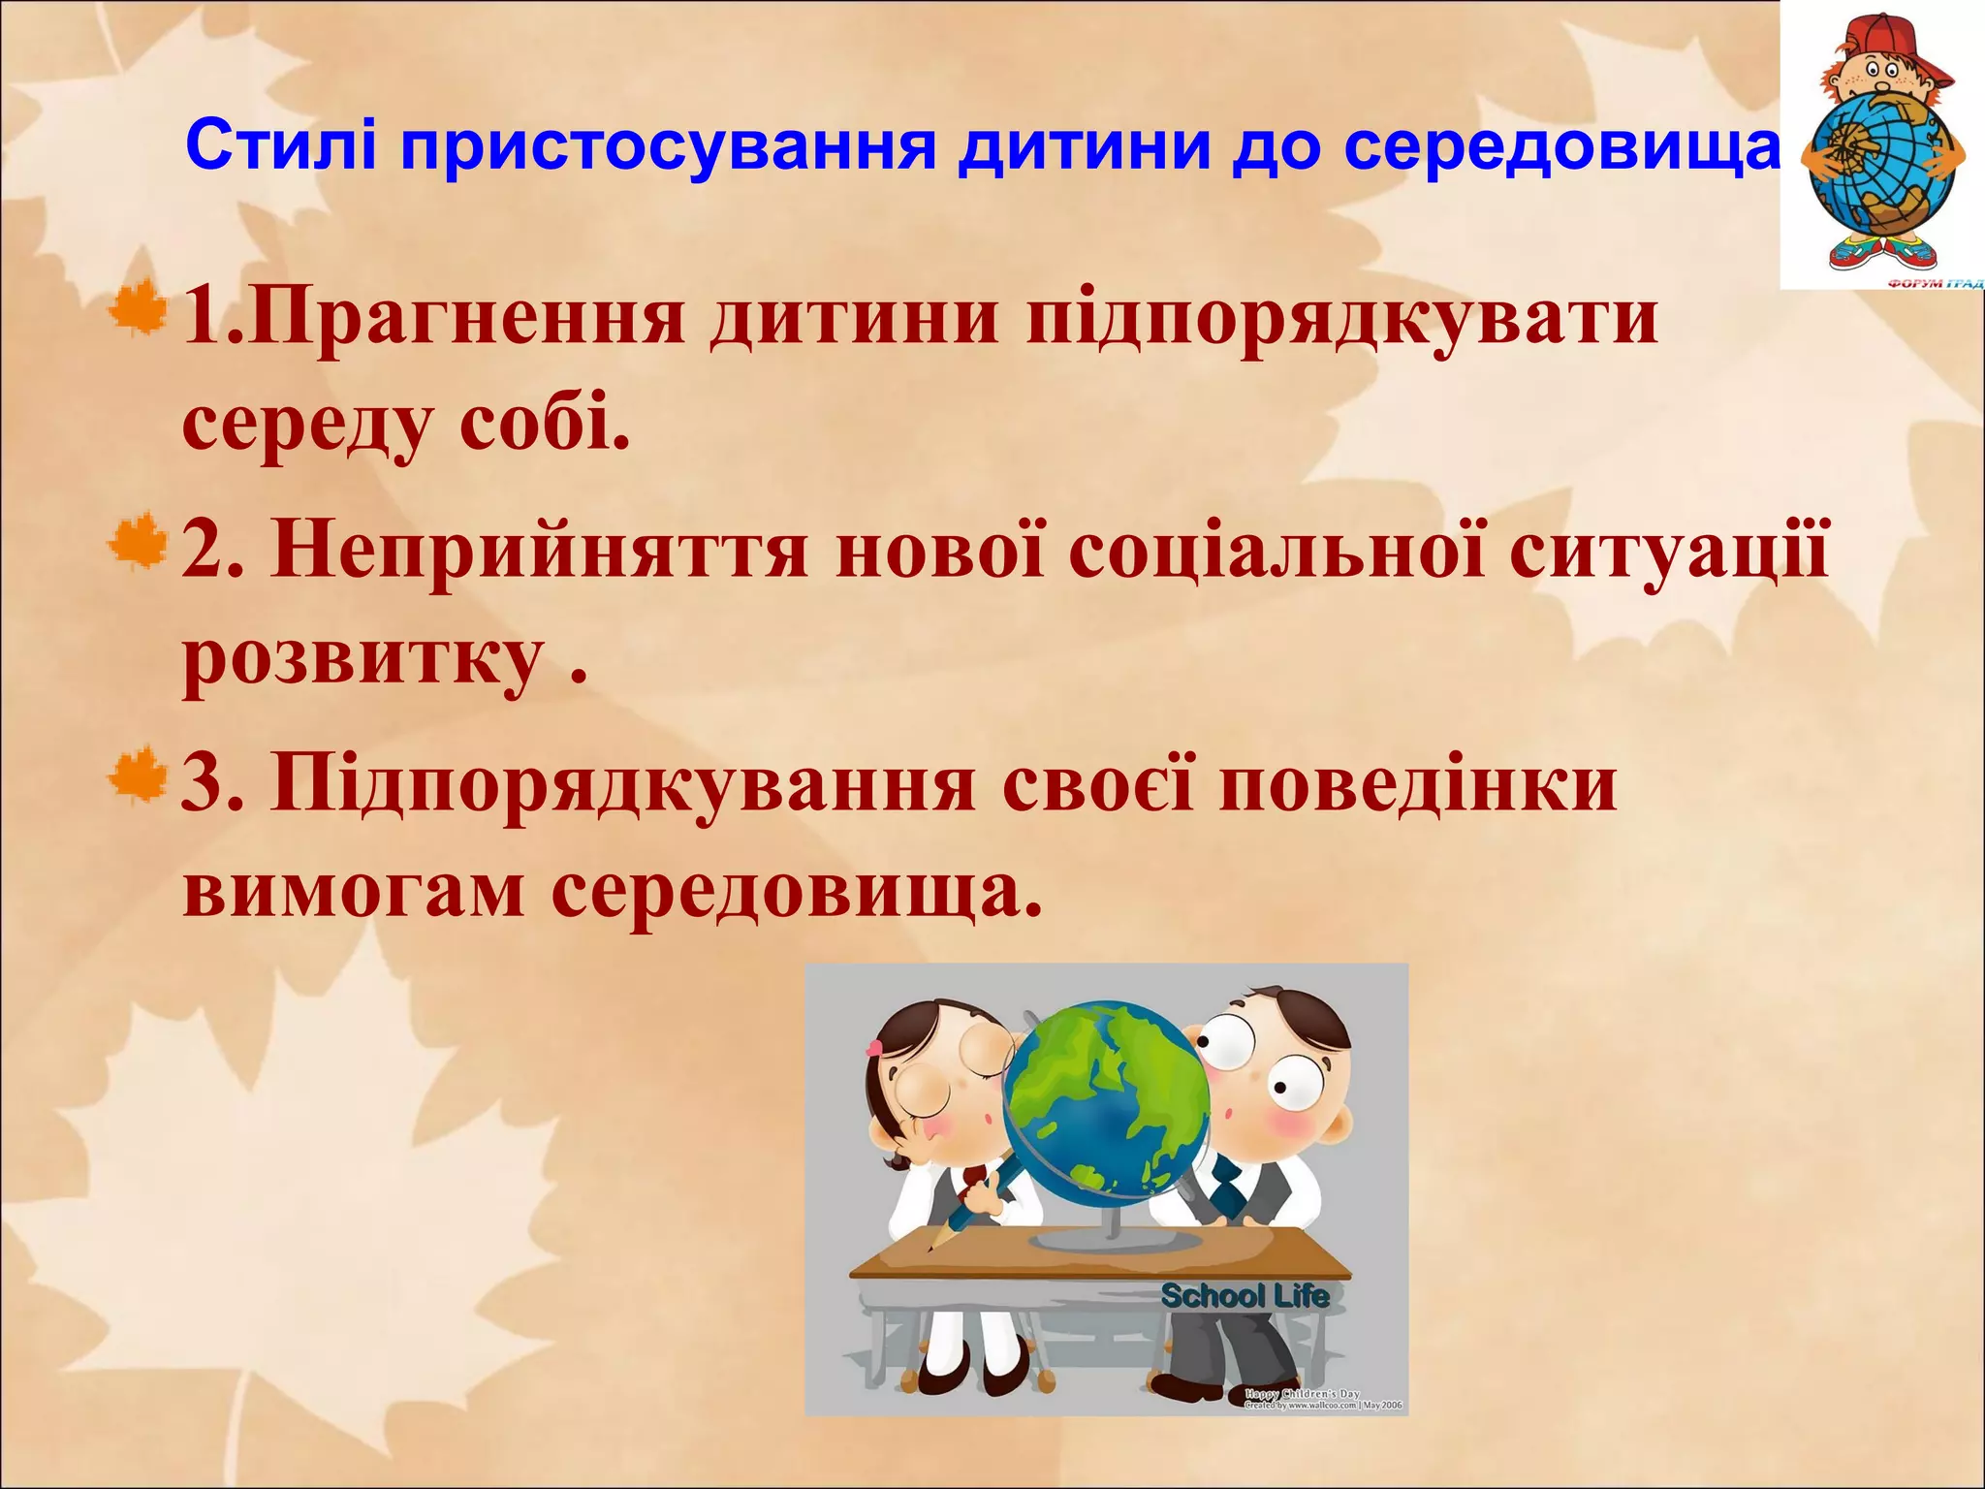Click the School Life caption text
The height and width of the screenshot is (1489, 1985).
[x=1245, y=1296]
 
